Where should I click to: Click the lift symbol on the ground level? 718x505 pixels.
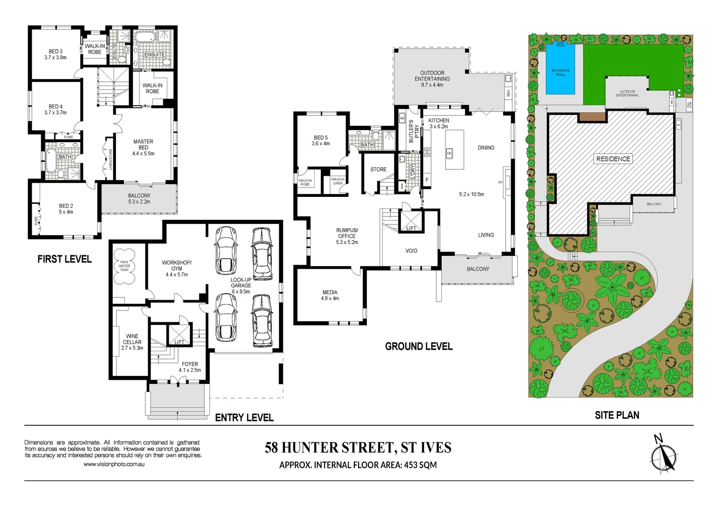point(411,221)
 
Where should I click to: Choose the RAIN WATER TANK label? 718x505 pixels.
point(124,266)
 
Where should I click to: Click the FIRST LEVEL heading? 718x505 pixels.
point(65,259)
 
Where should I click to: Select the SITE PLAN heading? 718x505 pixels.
point(617,415)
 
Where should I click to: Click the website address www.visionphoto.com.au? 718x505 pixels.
point(114,464)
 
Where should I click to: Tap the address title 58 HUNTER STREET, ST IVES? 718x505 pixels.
point(358,447)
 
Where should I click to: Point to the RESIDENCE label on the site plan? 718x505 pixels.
point(613,159)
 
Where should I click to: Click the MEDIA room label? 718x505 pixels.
point(330,295)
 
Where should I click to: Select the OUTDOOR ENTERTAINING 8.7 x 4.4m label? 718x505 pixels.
point(432,79)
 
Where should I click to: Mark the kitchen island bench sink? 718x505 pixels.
point(449,151)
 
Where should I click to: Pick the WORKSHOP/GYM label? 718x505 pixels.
point(177,268)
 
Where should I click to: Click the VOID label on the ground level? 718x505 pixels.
point(411,251)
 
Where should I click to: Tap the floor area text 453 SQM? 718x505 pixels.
point(420,465)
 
